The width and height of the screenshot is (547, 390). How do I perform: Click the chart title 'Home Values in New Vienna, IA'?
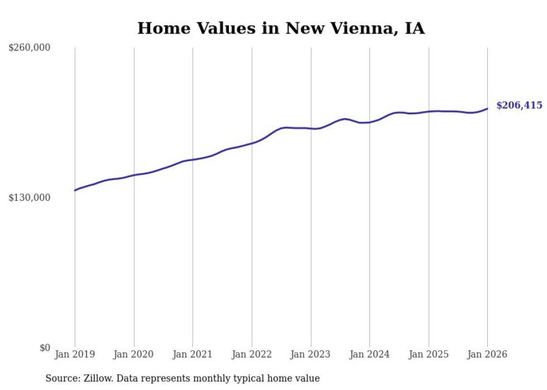281,28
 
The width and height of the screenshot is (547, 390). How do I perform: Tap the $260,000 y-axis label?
30,48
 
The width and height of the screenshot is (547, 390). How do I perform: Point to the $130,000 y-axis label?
30,198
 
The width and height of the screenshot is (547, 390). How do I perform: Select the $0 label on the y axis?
45,348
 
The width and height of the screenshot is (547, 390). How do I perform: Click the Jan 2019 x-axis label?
75,354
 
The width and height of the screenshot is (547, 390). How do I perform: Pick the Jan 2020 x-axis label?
133,354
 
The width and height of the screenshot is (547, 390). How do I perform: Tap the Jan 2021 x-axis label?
193,354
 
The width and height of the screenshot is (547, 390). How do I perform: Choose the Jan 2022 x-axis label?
252,354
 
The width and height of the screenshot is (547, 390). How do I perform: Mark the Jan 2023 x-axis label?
311,354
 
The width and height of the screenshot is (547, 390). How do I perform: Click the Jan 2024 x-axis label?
370,354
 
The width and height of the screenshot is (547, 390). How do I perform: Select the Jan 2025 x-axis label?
429,354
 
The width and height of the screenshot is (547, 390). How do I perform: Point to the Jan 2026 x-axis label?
487,354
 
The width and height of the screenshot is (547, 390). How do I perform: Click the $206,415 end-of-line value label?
519,105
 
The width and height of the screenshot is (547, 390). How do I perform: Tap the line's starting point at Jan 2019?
75,190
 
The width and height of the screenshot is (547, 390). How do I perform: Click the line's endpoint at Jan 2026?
487,109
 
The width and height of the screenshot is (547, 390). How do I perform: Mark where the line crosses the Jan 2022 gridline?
252,143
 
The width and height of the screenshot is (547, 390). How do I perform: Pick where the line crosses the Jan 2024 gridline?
370,122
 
